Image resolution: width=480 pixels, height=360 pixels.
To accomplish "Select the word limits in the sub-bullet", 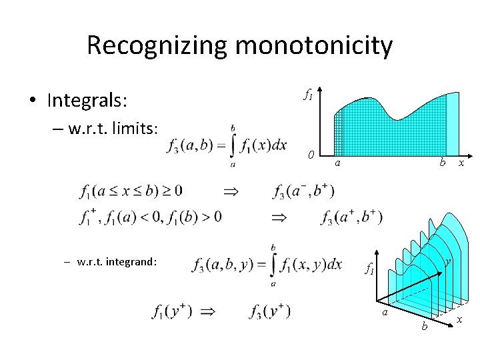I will coord(134,129).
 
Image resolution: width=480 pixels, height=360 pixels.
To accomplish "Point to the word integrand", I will coord(131,262).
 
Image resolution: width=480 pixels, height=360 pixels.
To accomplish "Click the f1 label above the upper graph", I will coord(308,95).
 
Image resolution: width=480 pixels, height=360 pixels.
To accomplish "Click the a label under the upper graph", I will coord(338,163).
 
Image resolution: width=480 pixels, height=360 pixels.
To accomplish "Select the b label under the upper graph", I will coord(441,162).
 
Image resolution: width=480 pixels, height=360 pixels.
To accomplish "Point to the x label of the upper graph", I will coord(461,163).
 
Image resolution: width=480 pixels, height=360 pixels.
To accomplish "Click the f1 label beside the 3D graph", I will coord(369,269).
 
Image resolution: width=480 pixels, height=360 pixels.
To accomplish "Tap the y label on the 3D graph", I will coord(449,262).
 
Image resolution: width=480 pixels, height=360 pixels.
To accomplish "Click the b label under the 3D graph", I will coord(424,327).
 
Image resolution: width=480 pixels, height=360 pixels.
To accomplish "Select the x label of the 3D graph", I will coord(461,321).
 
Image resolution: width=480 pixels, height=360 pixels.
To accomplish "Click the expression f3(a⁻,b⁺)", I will coord(303,192).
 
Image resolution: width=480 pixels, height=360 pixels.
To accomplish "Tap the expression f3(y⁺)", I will coord(269,311).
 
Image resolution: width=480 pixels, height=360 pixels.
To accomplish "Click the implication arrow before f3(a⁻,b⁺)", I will coord(230,191).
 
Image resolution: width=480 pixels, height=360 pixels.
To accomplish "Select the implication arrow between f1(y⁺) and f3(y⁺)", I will coord(208,311).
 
